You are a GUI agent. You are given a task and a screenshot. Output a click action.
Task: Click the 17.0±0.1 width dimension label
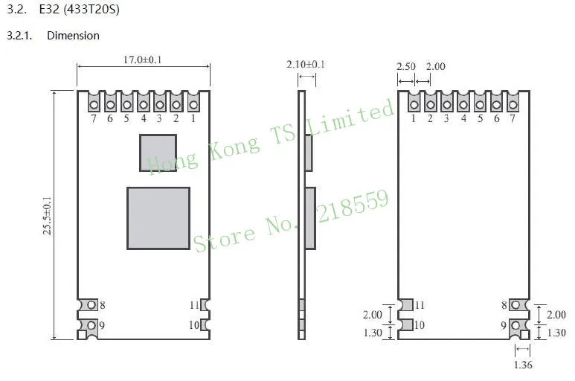[x=142, y=60]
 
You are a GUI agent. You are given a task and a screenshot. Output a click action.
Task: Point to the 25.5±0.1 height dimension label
[x=48, y=216]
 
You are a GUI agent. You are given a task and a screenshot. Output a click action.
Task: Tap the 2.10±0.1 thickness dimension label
[x=306, y=64]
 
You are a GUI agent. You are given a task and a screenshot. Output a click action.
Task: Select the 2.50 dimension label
[x=406, y=66]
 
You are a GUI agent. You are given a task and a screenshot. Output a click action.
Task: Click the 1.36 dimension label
[x=523, y=365]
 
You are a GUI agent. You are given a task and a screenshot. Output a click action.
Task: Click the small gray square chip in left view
[x=158, y=153]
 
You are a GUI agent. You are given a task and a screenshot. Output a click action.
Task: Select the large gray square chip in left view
[x=158, y=219]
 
